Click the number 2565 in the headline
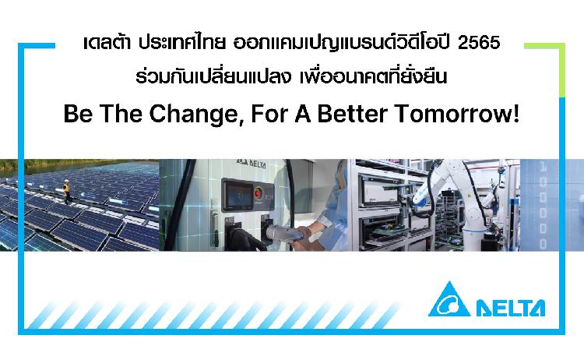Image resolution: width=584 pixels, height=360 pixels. [x=479, y=43]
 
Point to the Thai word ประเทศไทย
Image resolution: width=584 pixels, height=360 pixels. [x=182, y=43]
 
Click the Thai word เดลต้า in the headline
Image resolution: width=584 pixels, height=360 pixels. [x=107, y=43]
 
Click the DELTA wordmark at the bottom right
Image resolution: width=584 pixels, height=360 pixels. [x=511, y=308]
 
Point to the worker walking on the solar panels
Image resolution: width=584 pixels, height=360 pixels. [x=66, y=191]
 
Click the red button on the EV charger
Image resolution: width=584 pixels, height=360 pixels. [x=258, y=193]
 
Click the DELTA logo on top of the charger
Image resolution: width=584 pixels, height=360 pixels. [x=252, y=164]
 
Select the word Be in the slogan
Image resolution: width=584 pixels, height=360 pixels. [x=78, y=114]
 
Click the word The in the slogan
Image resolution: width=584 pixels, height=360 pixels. [x=121, y=114]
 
